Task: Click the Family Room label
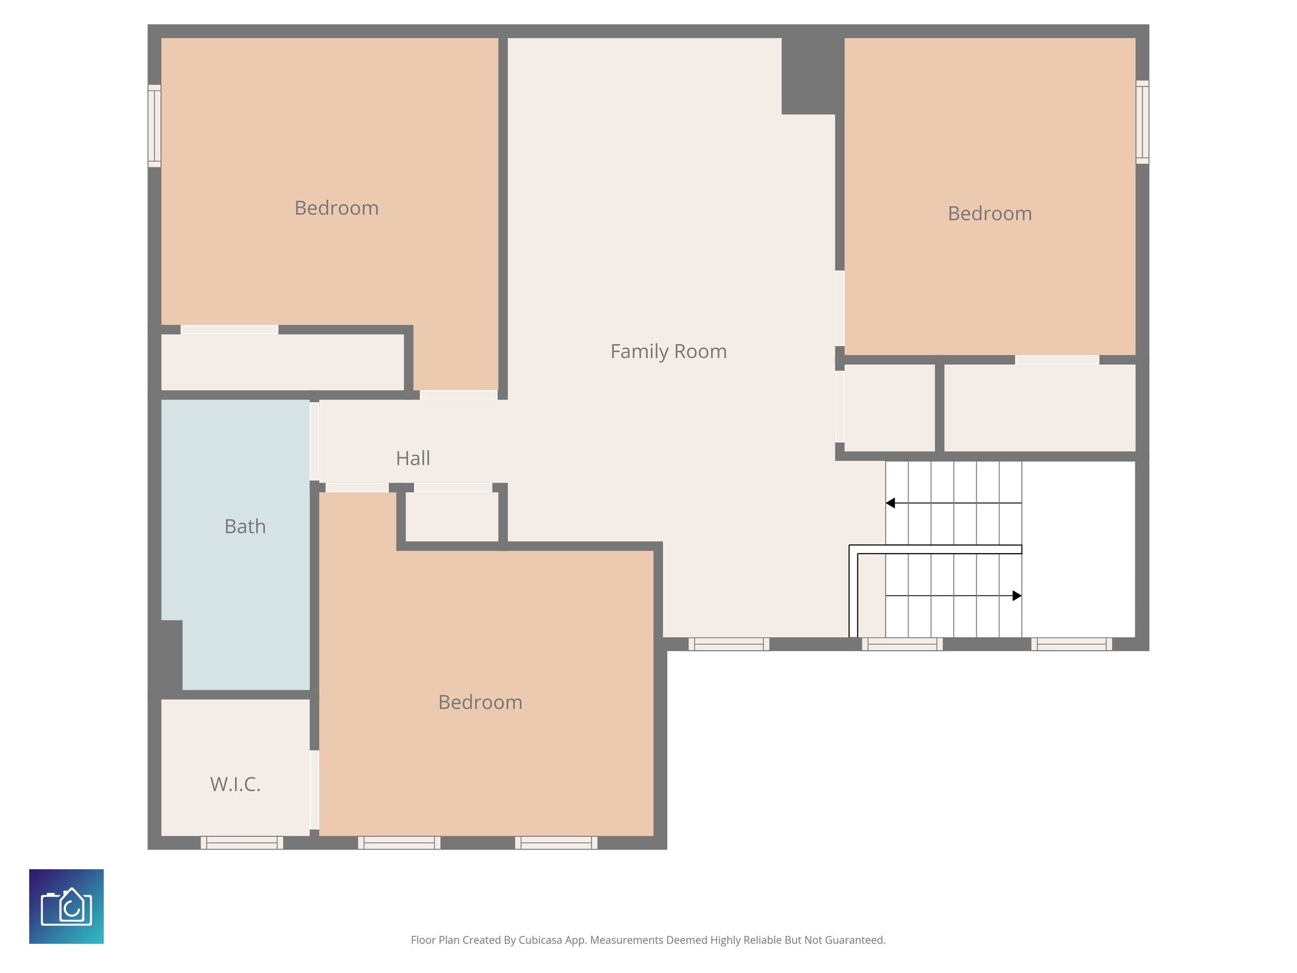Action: [x=668, y=352]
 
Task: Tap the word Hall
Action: [x=413, y=458]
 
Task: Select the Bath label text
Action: [x=244, y=526]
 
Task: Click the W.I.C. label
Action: [x=235, y=784]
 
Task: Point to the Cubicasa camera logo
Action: [x=66, y=906]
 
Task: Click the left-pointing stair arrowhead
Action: [x=890, y=503]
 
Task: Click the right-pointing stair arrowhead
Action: [x=1016, y=595]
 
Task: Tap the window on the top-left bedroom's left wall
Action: [x=154, y=125]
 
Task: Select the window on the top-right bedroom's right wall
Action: [x=1142, y=122]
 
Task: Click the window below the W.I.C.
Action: [x=242, y=843]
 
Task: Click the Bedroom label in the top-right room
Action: [x=989, y=213]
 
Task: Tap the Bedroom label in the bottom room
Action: [x=480, y=702]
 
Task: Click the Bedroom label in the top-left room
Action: [x=336, y=208]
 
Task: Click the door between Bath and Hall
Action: [x=314, y=441]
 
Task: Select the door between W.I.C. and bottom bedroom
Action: [x=314, y=789]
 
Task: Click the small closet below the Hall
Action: [x=452, y=517]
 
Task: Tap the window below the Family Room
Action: [x=728, y=644]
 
